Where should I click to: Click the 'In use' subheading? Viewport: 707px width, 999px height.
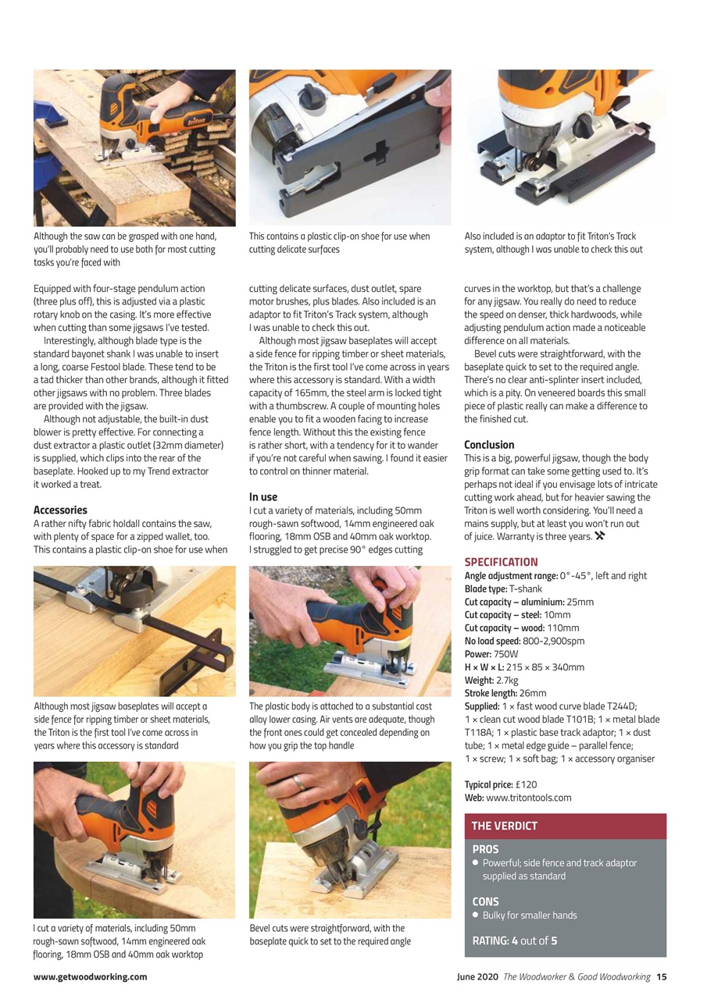pos(263,497)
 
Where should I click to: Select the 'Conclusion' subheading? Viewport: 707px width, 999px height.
pos(489,445)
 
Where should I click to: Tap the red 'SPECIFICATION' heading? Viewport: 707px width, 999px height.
pos(501,562)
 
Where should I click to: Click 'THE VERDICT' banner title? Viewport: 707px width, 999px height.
pos(504,826)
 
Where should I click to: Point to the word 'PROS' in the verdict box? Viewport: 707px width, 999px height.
pos(485,849)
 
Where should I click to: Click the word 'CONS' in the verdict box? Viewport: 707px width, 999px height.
pos(485,901)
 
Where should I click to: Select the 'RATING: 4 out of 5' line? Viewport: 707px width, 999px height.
pos(515,940)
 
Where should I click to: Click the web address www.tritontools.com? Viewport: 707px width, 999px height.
pos(528,798)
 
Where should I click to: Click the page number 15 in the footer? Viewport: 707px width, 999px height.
pos(661,976)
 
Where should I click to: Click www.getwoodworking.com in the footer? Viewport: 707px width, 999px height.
pos(90,976)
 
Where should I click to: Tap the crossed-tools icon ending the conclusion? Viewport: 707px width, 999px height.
pos(600,536)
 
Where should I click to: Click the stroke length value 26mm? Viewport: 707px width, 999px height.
pos(532,693)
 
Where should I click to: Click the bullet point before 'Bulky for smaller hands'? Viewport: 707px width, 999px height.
pos(476,915)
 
